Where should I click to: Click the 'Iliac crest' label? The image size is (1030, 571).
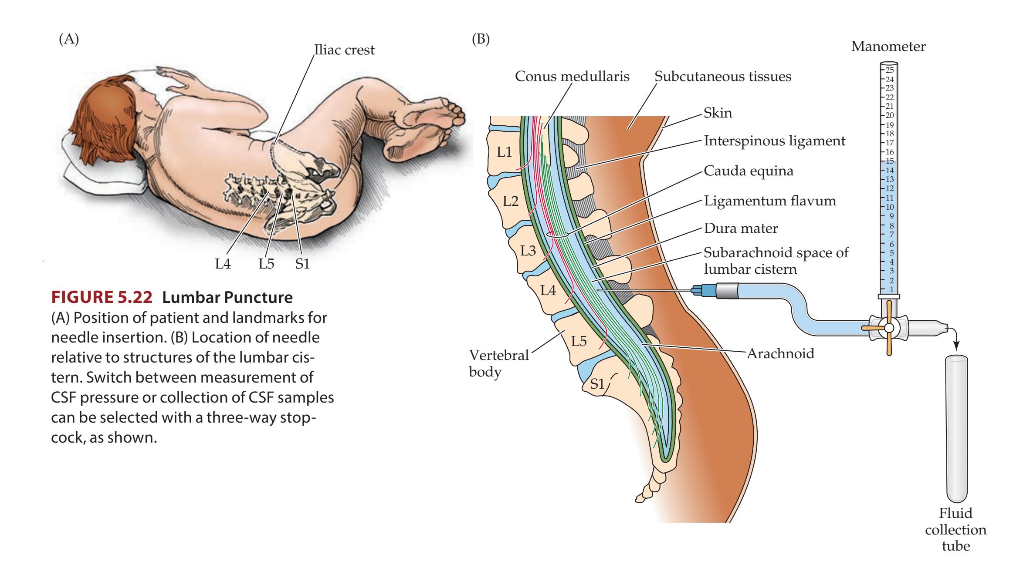(x=344, y=50)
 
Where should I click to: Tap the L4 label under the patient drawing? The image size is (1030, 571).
(x=223, y=264)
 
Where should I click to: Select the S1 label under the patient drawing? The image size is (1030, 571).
(x=302, y=264)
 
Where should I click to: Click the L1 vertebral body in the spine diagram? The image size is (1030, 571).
(x=504, y=152)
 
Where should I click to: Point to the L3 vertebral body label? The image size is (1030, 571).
(x=528, y=251)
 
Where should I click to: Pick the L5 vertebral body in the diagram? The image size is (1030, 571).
(x=579, y=341)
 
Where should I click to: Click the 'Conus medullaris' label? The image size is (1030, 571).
(x=572, y=77)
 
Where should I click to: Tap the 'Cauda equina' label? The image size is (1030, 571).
(x=749, y=171)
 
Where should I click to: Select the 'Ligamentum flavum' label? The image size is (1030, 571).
(x=770, y=201)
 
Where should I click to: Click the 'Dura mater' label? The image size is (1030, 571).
(x=741, y=228)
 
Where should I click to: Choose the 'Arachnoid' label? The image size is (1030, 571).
(x=780, y=353)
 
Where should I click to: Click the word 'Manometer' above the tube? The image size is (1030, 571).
(x=888, y=47)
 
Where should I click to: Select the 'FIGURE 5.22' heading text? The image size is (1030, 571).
(x=102, y=297)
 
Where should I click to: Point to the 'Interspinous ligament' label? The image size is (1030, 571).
(x=774, y=141)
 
